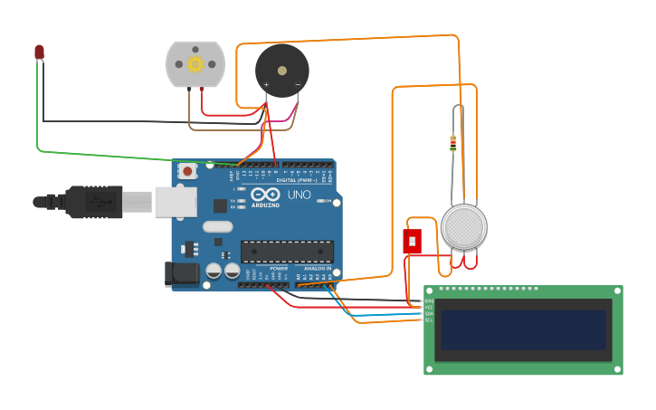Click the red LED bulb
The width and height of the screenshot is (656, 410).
click(x=39, y=52)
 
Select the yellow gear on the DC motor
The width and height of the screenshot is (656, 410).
click(x=195, y=64)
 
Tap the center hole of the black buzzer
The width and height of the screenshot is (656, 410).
click(x=281, y=70)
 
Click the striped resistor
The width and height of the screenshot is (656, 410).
click(x=452, y=142)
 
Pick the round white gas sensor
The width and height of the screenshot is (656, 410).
click(x=463, y=226)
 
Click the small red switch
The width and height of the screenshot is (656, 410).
click(x=412, y=242)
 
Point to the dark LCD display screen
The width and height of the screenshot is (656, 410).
click(x=522, y=329)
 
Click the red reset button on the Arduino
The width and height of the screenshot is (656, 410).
click(x=187, y=170)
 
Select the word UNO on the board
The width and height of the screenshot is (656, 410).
click(x=299, y=195)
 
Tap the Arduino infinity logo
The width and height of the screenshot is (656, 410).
click(x=266, y=195)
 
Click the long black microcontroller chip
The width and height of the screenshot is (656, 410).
click(x=287, y=252)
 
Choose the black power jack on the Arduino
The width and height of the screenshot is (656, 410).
click(x=182, y=273)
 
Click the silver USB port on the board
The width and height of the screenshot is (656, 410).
click(x=176, y=202)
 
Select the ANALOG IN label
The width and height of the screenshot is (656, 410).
click(x=318, y=268)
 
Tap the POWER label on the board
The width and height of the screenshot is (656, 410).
click(x=279, y=268)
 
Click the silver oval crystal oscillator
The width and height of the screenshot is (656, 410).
click(x=217, y=228)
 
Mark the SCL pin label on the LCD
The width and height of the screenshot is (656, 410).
click(x=429, y=320)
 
